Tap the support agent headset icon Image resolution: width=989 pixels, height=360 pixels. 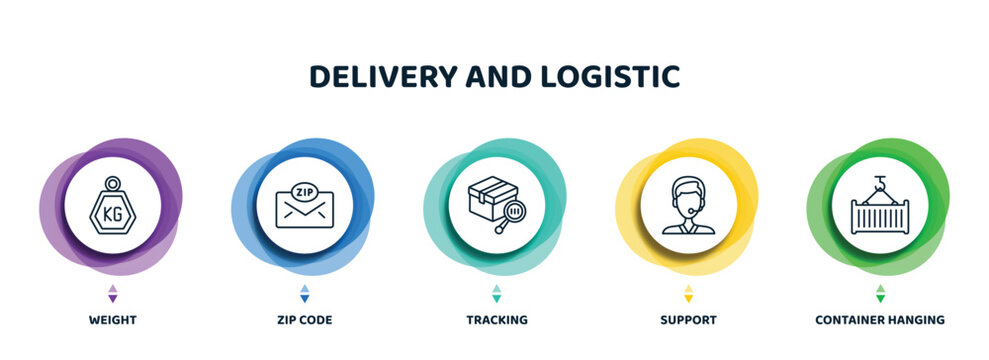coord(689,206)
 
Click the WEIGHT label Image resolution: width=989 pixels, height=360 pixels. coord(112,320)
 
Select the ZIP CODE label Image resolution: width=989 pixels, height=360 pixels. coord(304,320)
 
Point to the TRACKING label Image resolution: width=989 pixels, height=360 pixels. coord(497,320)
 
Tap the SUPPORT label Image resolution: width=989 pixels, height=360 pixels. coord(689,320)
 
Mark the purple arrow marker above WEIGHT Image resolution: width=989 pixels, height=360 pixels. coord(112,293)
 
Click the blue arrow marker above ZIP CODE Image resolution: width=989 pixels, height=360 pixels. coord(305,293)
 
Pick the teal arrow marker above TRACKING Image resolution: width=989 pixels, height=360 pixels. coord(497,293)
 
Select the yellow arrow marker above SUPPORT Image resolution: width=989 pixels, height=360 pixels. coord(689,293)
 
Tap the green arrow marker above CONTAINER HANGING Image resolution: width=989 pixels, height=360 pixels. coord(881,293)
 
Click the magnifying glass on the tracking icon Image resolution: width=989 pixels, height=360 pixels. coord(514,213)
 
